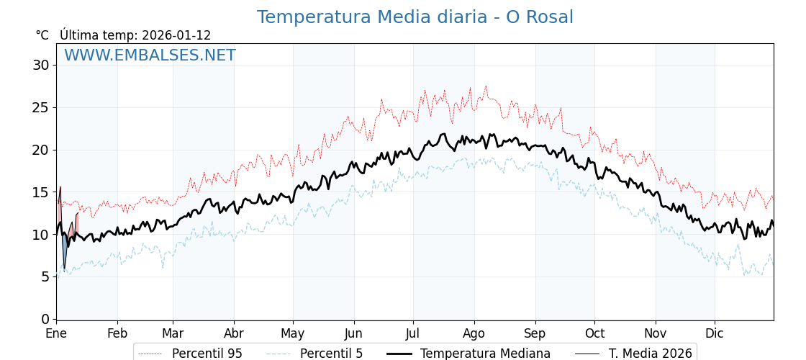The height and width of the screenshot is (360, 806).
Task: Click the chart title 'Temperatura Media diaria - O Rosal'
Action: click(x=415, y=17)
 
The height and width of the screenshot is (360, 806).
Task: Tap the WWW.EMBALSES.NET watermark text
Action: click(x=150, y=55)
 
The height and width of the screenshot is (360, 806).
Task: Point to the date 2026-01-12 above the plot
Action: click(x=176, y=35)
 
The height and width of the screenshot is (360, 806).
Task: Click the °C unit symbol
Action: click(x=42, y=35)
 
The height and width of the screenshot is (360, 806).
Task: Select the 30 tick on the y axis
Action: click(x=40, y=66)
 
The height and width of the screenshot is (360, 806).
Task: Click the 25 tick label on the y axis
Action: click(x=40, y=107)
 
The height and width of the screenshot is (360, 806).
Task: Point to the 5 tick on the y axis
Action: click(x=45, y=276)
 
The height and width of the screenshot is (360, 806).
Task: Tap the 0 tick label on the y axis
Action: click(x=45, y=319)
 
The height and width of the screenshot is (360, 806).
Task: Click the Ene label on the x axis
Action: click(x=56, y=334)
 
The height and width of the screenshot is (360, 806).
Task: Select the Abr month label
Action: click(x=234, y=334)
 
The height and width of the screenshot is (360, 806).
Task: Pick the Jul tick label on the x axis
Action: click(x=413, y=334)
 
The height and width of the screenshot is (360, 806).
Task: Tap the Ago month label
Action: click(x=474, y=334)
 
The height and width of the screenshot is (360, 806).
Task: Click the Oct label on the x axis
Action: click(x=594, y=334)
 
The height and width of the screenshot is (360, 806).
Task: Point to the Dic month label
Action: click(x=715, y=334)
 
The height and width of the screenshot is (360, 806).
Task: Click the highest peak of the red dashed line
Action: click(x=486, y=86)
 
